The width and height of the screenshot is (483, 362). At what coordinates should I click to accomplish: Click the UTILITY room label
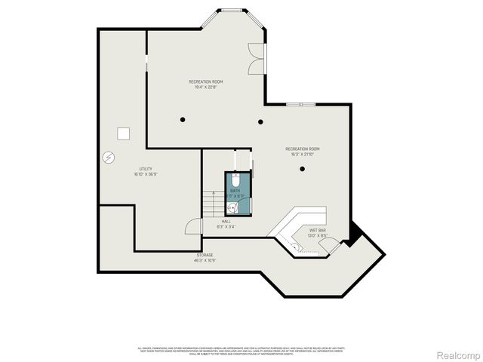146,168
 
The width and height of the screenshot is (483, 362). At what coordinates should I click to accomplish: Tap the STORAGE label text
205,255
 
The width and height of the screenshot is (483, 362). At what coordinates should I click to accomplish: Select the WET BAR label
317,229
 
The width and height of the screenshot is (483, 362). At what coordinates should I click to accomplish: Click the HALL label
226,221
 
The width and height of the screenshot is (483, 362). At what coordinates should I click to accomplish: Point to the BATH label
235,191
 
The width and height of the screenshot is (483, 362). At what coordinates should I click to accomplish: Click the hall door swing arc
193,225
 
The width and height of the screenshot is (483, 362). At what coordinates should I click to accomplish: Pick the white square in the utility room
123,133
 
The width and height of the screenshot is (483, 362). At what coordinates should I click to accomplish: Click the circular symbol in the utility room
109,158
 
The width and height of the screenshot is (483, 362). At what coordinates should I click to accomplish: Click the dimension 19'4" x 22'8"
205,86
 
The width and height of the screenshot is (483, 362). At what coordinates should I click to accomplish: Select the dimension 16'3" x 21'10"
302,153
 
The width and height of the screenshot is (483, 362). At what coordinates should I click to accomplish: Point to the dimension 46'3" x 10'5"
205,260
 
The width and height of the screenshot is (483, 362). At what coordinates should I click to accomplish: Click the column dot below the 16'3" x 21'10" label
302,168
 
